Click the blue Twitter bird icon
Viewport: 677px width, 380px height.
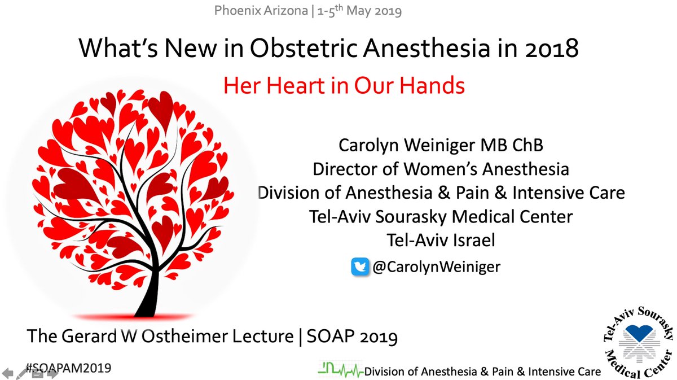click(x=360, y=266)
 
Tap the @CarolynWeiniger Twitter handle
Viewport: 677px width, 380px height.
click(x=436, y=267)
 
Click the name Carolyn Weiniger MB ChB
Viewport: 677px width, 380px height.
click(x=441, y=145)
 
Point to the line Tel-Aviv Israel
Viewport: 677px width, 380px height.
click(x=441, y=240)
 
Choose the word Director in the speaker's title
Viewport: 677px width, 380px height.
click(x=345, y=169)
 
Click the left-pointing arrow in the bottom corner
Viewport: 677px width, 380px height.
click(x=7, y=373)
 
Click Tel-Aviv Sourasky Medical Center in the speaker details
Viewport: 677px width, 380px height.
click(x=441, y=216)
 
